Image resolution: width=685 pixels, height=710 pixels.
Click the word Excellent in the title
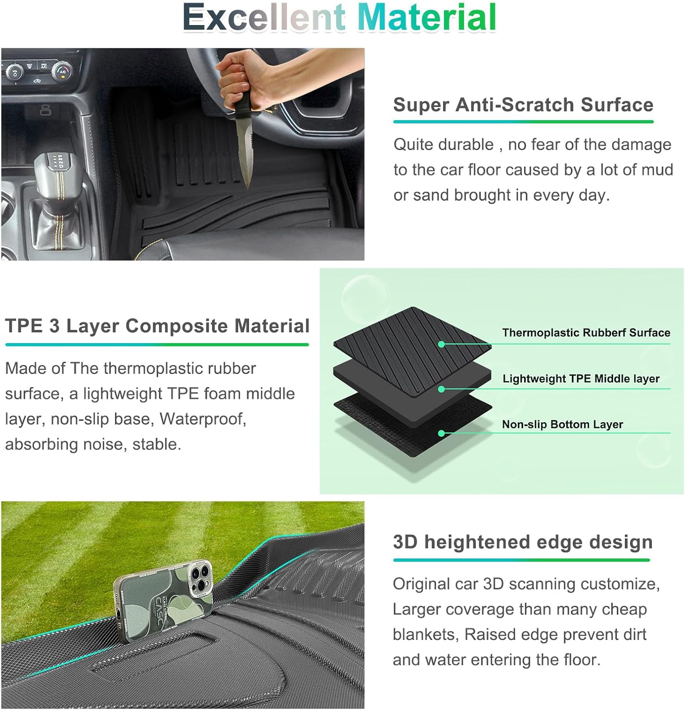click(264, 18)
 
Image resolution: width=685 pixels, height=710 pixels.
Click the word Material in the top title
click(427, 18)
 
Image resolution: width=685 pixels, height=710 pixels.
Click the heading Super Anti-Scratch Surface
click(523, 105)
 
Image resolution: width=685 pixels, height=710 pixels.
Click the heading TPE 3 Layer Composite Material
click(157, 326)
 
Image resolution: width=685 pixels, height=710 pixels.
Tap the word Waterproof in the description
click(203, 419)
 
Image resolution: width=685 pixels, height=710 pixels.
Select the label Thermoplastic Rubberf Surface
click(586, 333)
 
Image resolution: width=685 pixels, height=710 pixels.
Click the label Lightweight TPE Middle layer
click(581, 379)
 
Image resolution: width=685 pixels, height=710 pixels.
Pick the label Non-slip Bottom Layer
click(562, 425)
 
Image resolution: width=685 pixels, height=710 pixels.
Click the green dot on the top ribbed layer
click(441, 344)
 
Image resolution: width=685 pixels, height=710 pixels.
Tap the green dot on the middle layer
click(441, 389)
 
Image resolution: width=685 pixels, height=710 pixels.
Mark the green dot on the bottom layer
click(441, 433)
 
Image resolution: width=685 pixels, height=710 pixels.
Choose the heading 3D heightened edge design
click(523, 542)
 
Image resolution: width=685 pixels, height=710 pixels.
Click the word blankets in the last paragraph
click(426, 634)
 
